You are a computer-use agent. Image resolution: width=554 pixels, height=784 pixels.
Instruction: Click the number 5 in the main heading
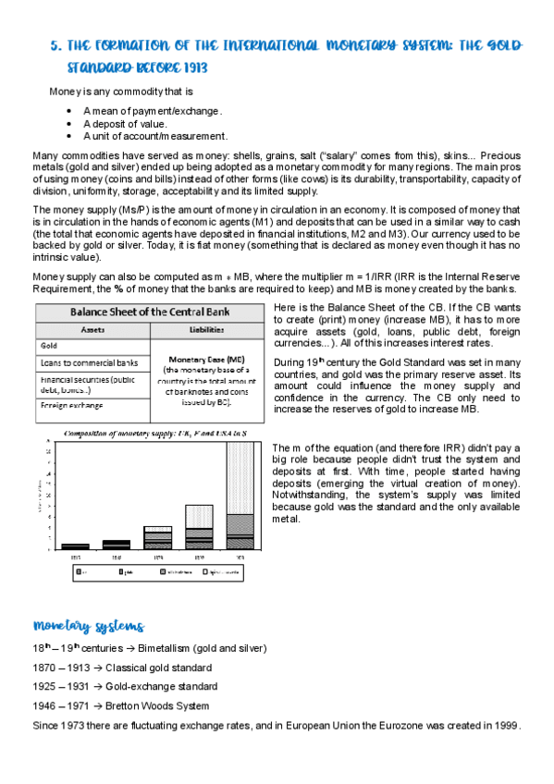[x=54, y=46]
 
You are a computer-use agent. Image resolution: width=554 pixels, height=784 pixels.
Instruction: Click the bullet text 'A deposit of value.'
[x=125, y=123]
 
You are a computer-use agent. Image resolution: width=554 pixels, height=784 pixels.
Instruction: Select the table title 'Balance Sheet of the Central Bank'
[x=151, y=311]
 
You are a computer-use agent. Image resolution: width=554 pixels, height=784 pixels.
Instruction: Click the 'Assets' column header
[x=92, y=328]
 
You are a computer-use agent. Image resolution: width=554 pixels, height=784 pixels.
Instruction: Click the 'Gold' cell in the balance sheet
[x=50, y=344]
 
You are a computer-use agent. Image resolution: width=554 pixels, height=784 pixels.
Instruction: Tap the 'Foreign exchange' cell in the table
[x=71, y=405]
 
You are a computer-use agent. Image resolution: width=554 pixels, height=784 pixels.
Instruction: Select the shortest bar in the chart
[x=76, y=545]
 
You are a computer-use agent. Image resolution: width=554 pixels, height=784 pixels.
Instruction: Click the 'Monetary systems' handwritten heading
[x=88, y=627]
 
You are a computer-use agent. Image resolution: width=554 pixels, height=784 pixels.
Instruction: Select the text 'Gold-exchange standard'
[x=162, y=686]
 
